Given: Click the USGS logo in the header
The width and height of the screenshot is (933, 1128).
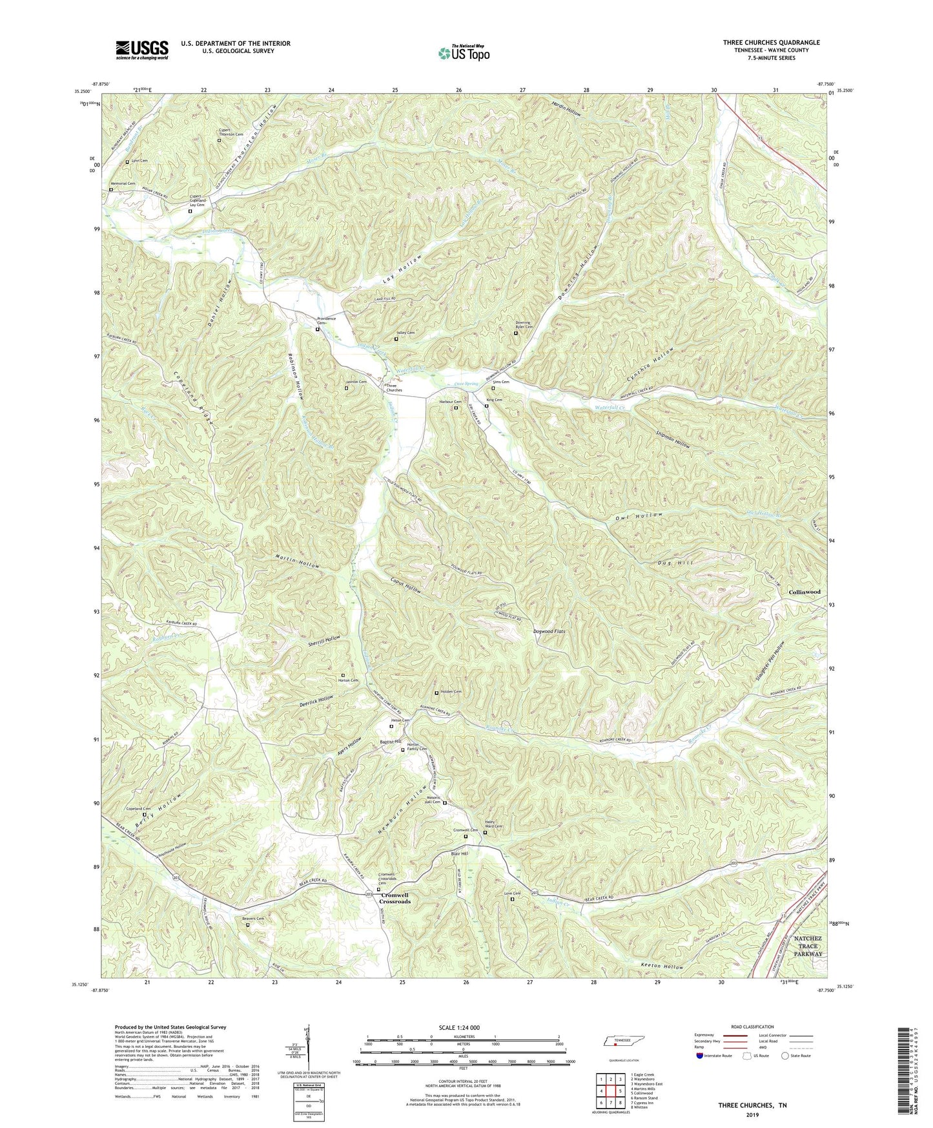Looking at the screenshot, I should (142, 50).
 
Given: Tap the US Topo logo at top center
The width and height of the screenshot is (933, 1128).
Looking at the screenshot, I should (464, 53).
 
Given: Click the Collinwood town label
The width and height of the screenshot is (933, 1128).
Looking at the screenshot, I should (804, 592).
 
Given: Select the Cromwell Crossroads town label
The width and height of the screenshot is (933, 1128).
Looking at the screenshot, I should (395, 898).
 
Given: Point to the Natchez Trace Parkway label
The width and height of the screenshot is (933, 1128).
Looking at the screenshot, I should (808, 946).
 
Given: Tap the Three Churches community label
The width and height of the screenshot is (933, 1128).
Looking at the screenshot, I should (394, 388).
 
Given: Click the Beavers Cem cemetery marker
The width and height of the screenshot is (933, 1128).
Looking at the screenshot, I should (248, 924).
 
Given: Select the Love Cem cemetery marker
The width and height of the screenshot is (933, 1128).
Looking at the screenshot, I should (513, 899).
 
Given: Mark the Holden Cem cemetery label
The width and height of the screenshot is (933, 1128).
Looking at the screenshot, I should (451, 692).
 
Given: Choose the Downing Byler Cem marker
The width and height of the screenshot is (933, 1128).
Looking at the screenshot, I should (515, 333).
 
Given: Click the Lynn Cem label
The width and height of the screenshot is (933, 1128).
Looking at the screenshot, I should (139, 161).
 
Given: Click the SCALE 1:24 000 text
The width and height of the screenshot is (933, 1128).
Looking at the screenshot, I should (463, 1027).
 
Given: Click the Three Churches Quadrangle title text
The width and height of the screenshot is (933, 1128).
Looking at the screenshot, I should (771, 43).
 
